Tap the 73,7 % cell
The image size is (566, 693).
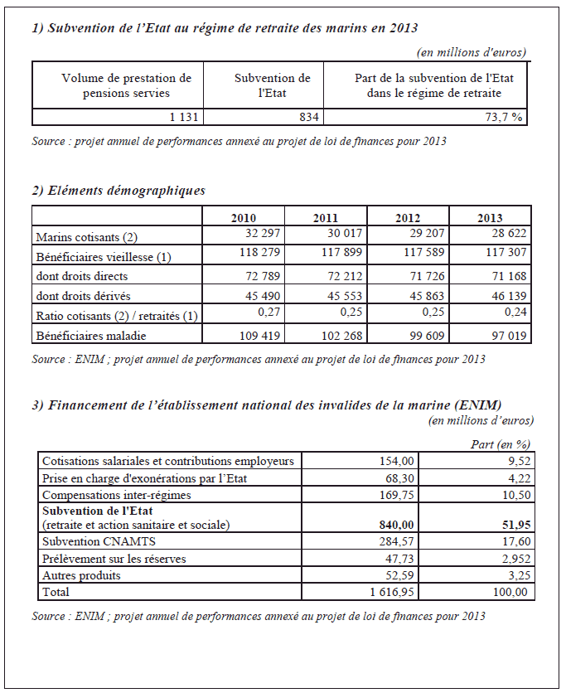[x=506, y=118]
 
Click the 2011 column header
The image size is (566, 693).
[x=325, y=218]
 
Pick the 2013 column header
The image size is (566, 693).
[x=490, y=218]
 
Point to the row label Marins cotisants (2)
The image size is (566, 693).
[x=81, y=238]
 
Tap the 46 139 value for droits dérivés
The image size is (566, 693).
[x=506, y=294]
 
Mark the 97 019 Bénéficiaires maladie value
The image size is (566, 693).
[x=506, y=334]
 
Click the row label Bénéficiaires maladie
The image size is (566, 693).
[x=91, y=336]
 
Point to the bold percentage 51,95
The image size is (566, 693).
[x=513, y=525]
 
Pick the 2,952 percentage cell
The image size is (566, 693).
[x=513, y=559]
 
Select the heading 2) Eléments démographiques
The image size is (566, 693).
[x=119, y=191]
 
